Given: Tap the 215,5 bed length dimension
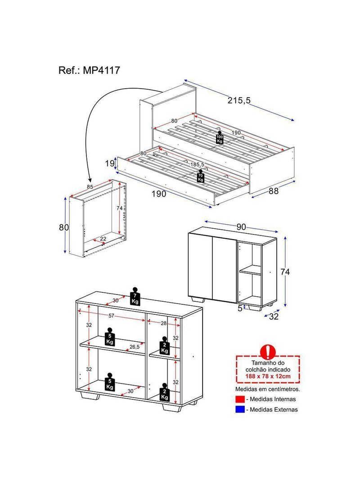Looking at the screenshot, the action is tap(239, 100).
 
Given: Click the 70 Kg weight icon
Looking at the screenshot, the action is tap(200, 176).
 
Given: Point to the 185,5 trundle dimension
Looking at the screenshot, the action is tap(197, 164).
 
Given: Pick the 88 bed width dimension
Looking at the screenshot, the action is tap(274, 191).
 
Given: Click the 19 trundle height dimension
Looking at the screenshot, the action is tap(109, 163).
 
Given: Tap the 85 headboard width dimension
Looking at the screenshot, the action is tap(90, 186).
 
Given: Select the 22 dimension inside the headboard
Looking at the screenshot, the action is tap(103, 239).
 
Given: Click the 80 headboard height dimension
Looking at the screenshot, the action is tap(64, 227).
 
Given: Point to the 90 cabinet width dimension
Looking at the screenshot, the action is tap(241, 227).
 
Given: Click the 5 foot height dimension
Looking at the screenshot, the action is tap(240, 308).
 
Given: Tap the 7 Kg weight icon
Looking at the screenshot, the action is tap(135, 296).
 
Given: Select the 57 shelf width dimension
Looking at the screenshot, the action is tap(111, 315).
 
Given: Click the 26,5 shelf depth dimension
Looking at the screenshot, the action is tap(134, 347).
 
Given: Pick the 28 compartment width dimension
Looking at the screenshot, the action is tap(164, 323).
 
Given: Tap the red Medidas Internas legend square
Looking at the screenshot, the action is tap(240, 399).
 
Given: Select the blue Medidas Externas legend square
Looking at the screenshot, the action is tap(240, 409).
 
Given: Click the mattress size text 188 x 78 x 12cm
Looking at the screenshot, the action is tap(268, 376).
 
